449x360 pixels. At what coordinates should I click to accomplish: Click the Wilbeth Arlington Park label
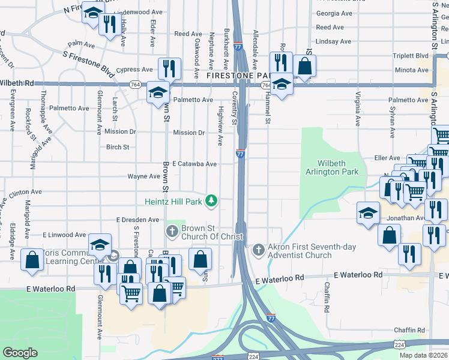coord(337,167)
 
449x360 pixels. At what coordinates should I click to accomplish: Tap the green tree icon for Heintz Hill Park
coord(210,200)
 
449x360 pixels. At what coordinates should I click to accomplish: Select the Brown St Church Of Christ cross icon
coord(172,231)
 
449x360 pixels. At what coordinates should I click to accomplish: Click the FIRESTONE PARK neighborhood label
coord(235,77)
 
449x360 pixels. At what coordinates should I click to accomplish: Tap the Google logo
coord(20,353)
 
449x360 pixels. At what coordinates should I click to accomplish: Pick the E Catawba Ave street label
coord(194,164)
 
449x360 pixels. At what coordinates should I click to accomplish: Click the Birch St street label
coord(118,147)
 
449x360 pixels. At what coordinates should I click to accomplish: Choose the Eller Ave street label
coord(387,158)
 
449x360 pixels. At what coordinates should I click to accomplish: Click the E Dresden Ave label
coord(137,220)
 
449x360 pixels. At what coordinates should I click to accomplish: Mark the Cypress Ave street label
coord(135,70)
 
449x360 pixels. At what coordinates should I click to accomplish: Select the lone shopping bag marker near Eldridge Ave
coord(32,260)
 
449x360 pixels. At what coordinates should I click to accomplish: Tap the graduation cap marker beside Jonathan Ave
coord(368,213)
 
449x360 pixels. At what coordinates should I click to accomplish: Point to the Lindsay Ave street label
coord(333,41)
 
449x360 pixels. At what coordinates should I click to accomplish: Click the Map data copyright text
coord(424,355)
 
